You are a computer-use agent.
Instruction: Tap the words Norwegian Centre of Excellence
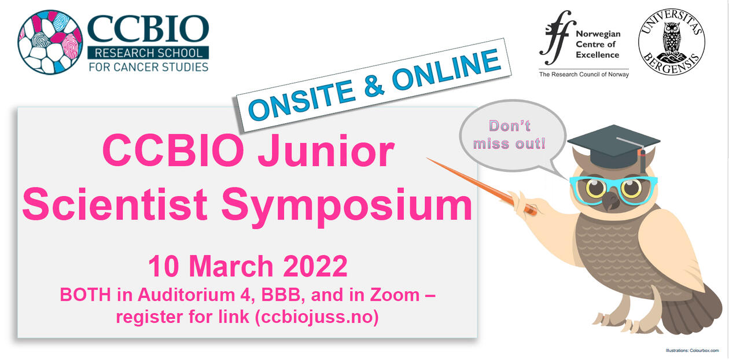coord(597,45)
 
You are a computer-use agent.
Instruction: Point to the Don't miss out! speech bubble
coord(509,134)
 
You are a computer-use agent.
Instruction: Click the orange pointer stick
coord(480,185)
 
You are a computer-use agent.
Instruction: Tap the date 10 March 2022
coord(248,266)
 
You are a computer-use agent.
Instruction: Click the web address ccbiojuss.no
coord(315,318)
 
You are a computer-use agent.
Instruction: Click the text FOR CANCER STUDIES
coord(148,67)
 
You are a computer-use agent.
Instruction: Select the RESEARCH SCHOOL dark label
coord(148,54)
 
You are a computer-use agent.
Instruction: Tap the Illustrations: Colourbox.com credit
coord(691,351)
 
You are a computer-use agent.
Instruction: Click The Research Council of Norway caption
coord(583,74)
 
